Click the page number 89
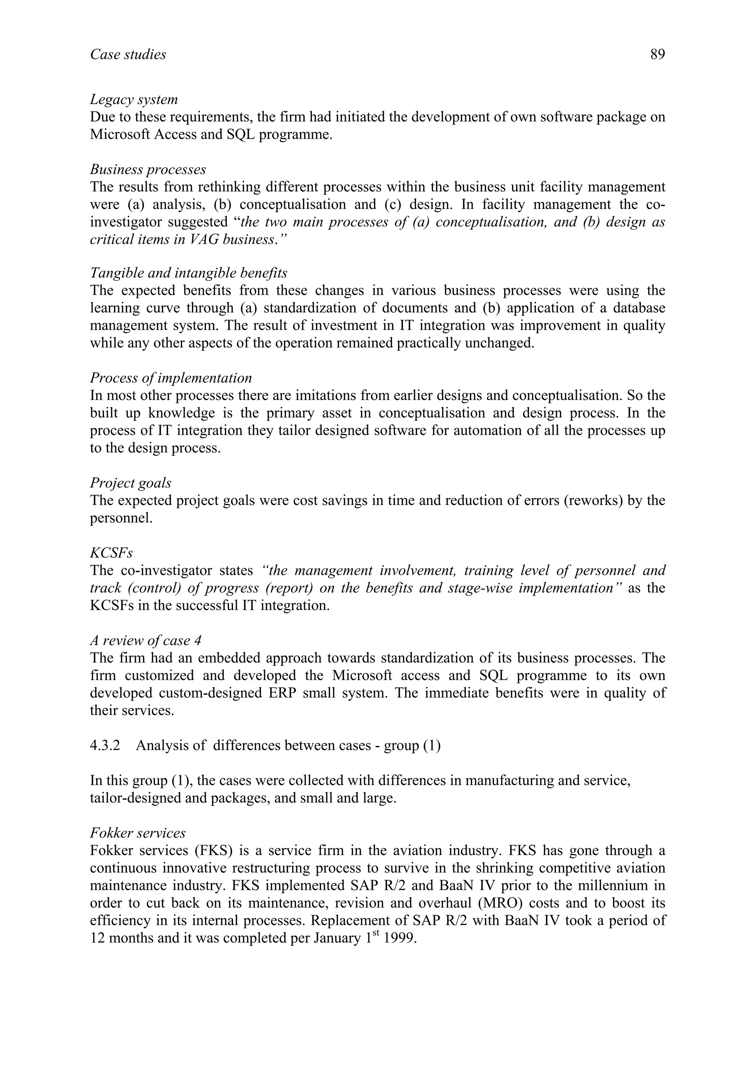coord(657,55)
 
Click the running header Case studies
coord(128,55)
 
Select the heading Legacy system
coord(134,99)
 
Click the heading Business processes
coord(148,169)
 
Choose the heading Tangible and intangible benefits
coord(188,273)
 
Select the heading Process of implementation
coord(171,377)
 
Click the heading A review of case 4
coord(146,641)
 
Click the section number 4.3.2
coord(105,746)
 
